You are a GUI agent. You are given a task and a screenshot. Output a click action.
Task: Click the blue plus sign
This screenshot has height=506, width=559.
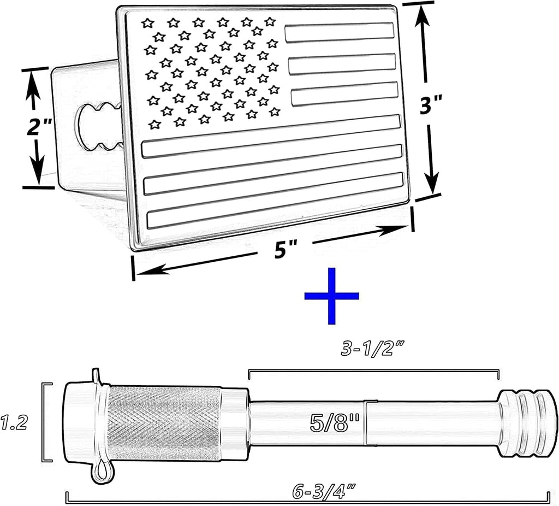pos(331,296)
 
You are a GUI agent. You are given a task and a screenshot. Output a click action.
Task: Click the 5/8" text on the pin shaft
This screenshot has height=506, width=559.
pos(335,423)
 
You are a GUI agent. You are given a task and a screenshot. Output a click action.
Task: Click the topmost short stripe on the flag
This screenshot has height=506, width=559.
pos(339,32)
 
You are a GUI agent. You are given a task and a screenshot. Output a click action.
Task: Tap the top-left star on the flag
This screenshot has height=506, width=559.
pos(147,23)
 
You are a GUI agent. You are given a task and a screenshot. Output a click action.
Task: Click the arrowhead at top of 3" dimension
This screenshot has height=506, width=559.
pos(423,16)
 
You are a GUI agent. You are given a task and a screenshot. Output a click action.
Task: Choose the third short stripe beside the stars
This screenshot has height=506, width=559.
pos(344,93)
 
